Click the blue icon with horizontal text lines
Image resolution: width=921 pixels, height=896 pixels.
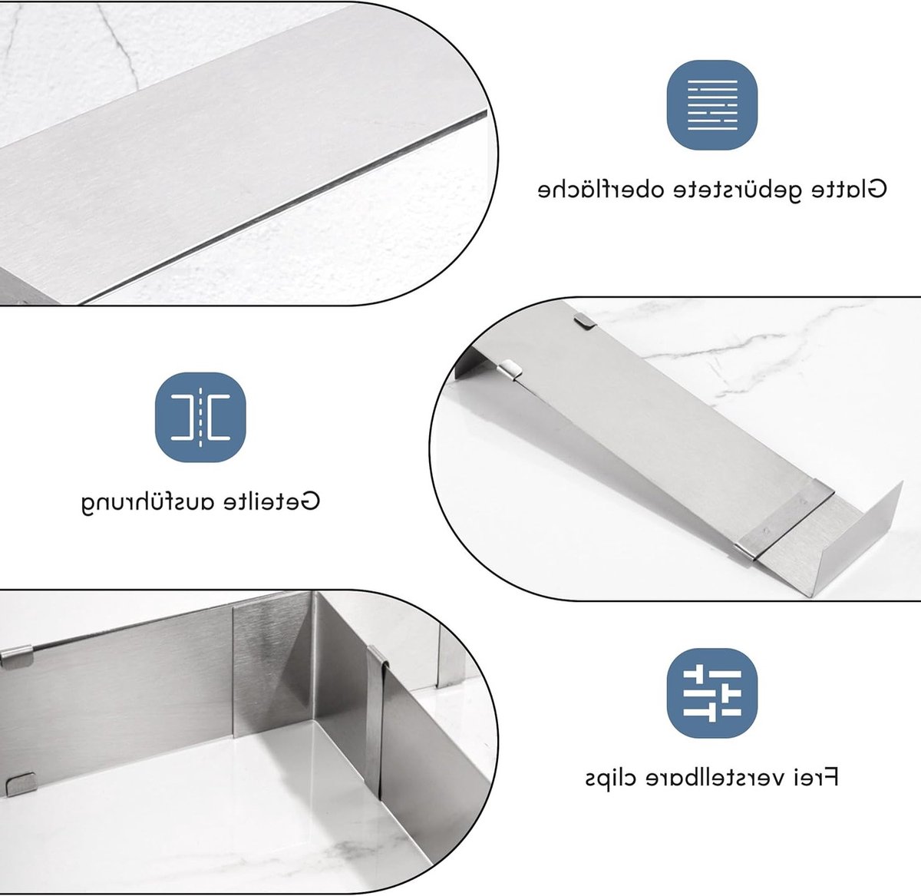(x=711, y=105)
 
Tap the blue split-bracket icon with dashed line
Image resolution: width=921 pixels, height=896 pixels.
(x=200, y=417)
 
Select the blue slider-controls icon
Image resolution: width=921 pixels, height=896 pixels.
(x=711, y=693)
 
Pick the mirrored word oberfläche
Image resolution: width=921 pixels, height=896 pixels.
(x=591, y=189)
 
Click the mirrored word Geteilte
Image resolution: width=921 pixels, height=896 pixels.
(x=272, y=501)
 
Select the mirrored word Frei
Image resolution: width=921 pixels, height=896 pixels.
(x=814, y=777)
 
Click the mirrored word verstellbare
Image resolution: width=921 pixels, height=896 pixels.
(x=707, y=777)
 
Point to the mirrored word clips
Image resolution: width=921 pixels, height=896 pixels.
(x=605, y=779)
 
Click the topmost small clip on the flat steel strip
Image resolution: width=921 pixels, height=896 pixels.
(x=586, y=322)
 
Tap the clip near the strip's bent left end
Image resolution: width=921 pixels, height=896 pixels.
(x=510, y=369)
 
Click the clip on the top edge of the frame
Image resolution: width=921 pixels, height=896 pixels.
(x=17, y=658)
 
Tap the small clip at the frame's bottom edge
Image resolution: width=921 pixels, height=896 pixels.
(x=21, y=784)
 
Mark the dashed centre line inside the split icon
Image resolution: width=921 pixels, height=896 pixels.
(x=200, y=417)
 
